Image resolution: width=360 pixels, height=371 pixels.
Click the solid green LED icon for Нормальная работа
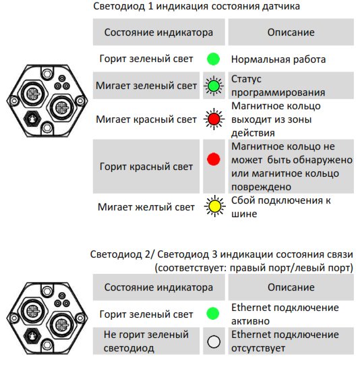pyautogui.click(x=213, y=59)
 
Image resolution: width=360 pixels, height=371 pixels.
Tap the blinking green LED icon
pyautogui.click(x=214, y=86)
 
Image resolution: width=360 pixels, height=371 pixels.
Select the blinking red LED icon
pyautogui.click(x=214, y=119)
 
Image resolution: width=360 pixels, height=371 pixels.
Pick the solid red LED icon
pyautogui.click(x=214, y=159)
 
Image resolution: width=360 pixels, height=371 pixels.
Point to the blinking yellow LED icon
pyautogui.click(x=214, y=206)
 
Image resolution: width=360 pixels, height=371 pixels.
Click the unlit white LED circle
pyautogui.click(x=214, y=342)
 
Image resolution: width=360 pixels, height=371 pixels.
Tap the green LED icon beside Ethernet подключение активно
pyautogui.click(x=213, y=314)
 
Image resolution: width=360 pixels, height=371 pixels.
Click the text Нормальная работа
pyautogui.click(x=278, y=59)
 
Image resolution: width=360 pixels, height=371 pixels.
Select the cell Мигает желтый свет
pyautogui.click(x=146, y=207)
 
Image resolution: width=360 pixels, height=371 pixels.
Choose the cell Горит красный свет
pyautogui.click(x=146, y=167)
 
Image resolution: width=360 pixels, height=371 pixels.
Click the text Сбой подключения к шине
pyautogui.click(x=280, y=207)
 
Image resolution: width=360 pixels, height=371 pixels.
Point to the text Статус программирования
pyautogui.click(x=278, y=86)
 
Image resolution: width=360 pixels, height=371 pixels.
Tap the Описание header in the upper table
pyautogui.click(x=291, y=32)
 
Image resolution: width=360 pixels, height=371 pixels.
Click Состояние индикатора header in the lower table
pyautogui.click(x=158, y=287)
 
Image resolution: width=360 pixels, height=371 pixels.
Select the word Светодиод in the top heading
pyautogui.click(x=119, y=6)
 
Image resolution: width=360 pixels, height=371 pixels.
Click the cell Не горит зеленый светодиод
pyautogui.click(x=146, y=341)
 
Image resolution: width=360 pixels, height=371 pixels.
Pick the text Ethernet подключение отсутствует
pyautogui.click(x=285, y=341)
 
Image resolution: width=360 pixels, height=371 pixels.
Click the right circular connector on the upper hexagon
pyautogui.click(x=62, y=108)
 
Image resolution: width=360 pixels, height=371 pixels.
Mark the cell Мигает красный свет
pyautogui.click(x=146, y=119)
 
